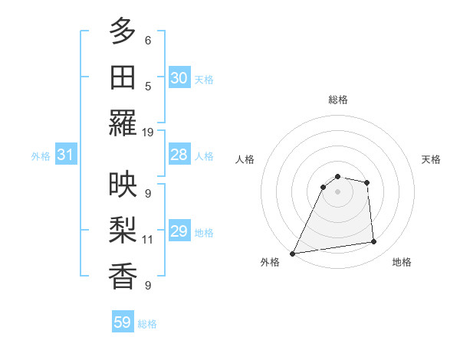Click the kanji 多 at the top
(x=123, y=31)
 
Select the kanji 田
(x=123, y=77)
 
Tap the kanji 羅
(x=123, y=122)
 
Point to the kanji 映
(x=123, y=184)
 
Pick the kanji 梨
(x=123, y=229)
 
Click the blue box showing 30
(x=179, y=78)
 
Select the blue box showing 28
(x=179, y=155)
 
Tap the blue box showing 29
(x=179, y=231)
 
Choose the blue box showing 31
(x=65, y=155)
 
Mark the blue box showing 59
(x=123, y=322)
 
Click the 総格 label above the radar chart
(x=338, y=100)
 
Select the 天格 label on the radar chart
(x=432, y=160)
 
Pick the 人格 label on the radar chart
(x=245, y=160)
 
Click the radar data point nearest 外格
(x=292, y=254)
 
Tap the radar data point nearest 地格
(x=374, y=242)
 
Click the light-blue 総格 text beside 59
(x=148, y=324)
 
